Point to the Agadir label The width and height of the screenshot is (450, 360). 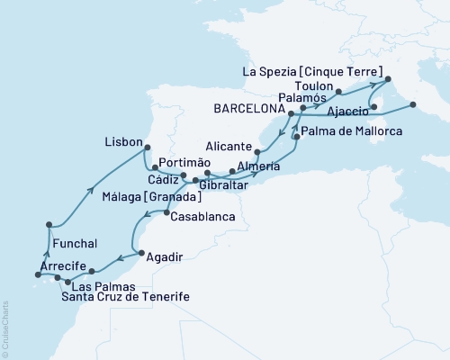pos(163,256)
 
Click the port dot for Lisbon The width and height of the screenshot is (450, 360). pos(149,149)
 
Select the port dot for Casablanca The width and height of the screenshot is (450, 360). pos(166,212)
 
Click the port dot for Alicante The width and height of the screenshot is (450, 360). pos(258,153)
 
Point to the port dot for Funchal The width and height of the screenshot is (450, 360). pos(48,226)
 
